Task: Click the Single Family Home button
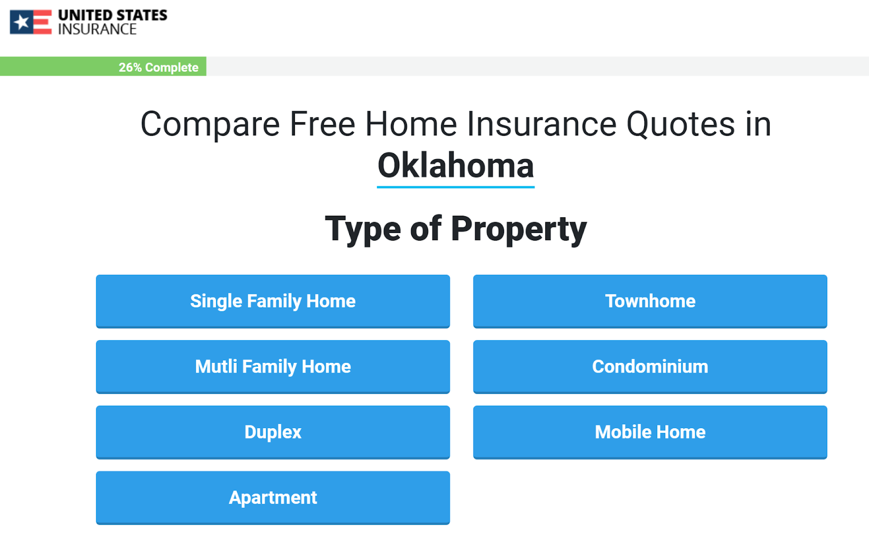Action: point(273,301)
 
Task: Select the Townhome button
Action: point(650,301)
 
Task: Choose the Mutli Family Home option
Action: point(273,367)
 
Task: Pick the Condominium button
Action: point(650,367)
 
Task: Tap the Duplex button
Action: point(273,432)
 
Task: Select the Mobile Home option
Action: point(650,432)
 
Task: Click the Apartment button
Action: point(273,498)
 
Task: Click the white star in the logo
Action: point(22,22)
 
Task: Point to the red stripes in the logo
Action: point(43,22)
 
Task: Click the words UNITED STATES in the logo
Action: point(112,15)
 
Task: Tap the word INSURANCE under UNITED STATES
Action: point(97,29)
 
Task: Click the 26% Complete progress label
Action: point(158,67)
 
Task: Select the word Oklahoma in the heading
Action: point(456,165)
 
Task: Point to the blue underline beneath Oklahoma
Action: point(456,187)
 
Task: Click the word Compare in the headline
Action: point(210,124)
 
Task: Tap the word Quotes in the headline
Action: point(681,124)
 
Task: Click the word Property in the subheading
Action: point(519,229)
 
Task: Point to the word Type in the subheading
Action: point(363,229)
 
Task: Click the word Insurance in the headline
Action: point(541,124)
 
